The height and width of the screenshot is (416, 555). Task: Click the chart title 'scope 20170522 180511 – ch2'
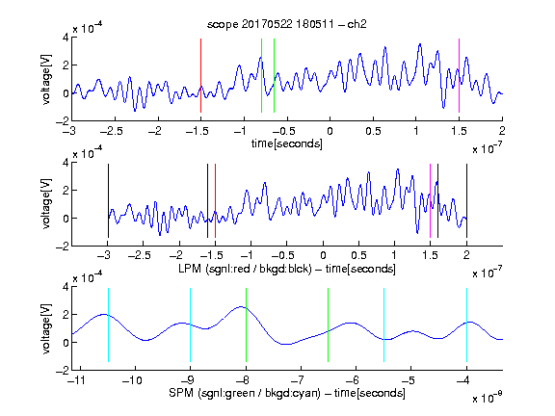tap(287, 24)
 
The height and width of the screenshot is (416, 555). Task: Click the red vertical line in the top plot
tap(200, 76)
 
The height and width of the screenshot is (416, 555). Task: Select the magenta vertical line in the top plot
tap(459, 76)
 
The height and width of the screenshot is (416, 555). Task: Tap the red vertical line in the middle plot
tap(215, 200)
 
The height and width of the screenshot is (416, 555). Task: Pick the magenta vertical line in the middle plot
tap(430, 200)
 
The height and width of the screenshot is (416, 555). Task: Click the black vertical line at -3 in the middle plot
tap(108, 200)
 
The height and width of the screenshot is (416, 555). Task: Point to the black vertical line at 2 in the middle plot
tap(466, 200)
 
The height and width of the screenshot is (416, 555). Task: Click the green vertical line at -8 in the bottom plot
tap(246, 325)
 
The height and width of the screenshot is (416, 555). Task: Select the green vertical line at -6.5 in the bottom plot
tap(329, 325)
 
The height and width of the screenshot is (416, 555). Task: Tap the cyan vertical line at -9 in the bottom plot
tap(191, 325)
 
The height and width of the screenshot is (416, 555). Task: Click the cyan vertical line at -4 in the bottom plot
tap(466, 325)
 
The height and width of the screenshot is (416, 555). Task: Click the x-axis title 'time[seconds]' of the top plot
tap(287, 143)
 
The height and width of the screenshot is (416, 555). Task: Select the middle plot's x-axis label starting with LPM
tap(287, 269)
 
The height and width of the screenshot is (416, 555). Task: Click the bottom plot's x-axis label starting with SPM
tap(287, 393)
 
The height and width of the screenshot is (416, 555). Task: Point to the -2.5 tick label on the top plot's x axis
tap(111, 131)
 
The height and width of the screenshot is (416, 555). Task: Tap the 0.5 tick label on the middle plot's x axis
tap(358, 255)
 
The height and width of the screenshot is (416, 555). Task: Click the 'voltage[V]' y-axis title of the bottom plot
tap(46, 328)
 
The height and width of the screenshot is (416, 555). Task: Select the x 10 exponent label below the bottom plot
tap(487, 398)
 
